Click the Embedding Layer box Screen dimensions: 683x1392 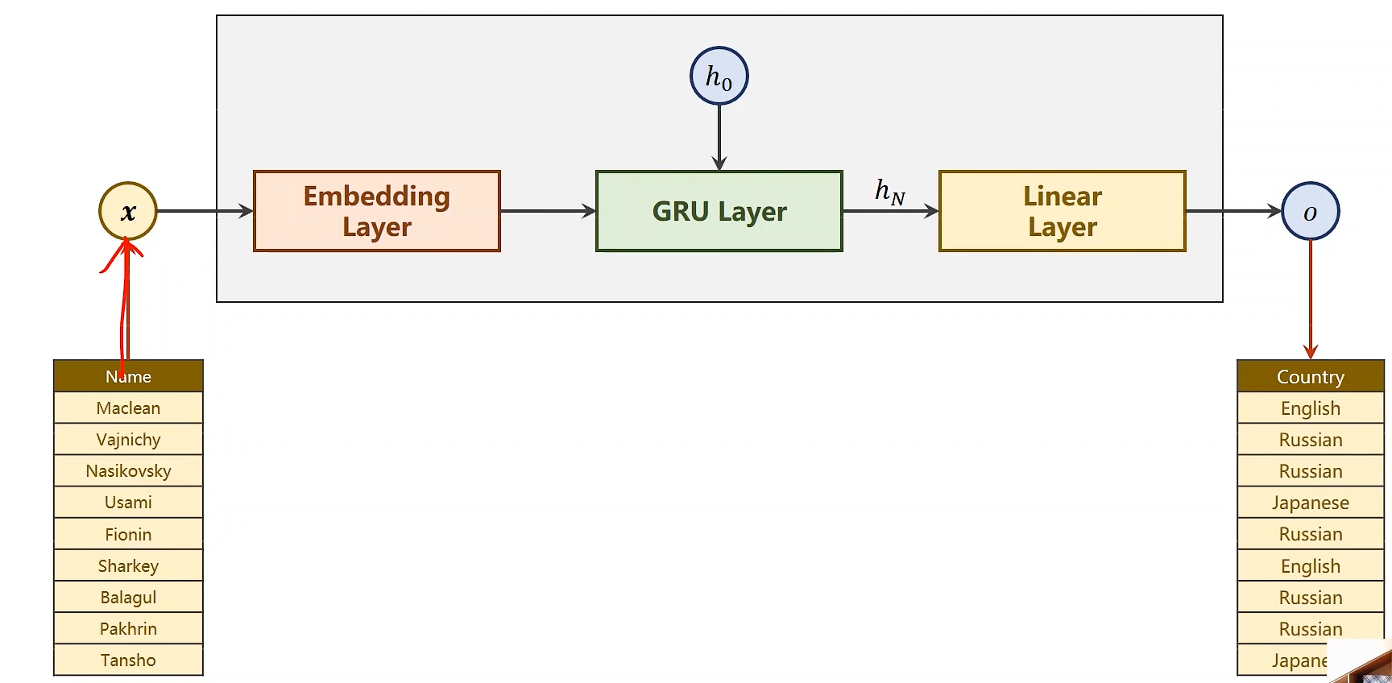click(377, 211)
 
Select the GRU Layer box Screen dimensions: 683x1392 click(719, 211)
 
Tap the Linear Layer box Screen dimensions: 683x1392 click(1062, 211)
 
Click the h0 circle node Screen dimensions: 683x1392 click(719, 77)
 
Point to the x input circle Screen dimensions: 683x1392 click(128, 211)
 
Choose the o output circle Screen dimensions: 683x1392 click(1310, 211)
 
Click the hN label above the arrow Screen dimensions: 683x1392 click(890, 192)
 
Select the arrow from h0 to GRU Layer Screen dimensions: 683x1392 click(719, 137)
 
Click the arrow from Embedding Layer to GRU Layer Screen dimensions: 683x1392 click(548, 211)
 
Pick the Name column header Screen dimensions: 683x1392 click(128, 376)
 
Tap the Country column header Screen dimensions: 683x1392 click(1310, 376)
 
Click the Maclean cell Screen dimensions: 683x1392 click(128, 408)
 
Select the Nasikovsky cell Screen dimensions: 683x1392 click(128, 471)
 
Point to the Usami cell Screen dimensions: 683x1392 click(128, 503)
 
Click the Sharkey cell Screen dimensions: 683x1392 click(128, 565)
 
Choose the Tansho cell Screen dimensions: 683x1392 click(128, 660)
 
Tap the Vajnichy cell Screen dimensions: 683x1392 click(128, 440)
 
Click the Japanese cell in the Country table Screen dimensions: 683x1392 click(1310, 503)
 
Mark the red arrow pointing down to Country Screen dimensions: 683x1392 click(1311, 298)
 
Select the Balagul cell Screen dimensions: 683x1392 click(128, 597)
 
